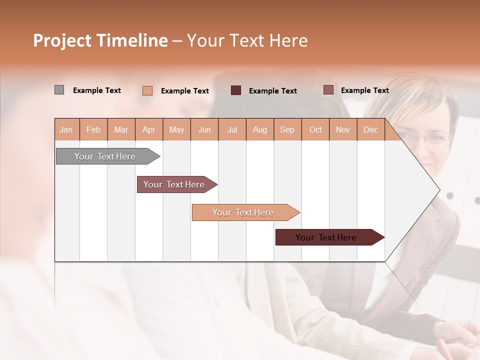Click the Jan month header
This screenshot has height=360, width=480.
[x=66, y=129]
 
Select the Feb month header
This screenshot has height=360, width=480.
[x=93, y=129]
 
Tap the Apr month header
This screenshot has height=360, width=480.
[x=148, y=129]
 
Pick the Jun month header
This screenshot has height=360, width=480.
[x=204, y=129]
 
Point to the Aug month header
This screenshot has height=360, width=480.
[x=259, y=129]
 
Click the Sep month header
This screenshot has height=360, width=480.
[x=287, y=129]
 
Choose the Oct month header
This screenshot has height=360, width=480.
[x=315, y=129]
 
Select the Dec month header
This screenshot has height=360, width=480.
[x=370, y=129]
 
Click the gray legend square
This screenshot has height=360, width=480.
[x=59, y=90]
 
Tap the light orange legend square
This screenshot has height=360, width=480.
[x=147, y=90]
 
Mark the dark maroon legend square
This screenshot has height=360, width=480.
[x=236, y=90]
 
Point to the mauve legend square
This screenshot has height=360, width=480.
[x=328, y=90]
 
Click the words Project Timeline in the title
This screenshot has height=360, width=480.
[x=100, y=40]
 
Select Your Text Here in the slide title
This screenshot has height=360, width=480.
[x=247, y=40]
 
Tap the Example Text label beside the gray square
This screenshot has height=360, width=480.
[x=97, y=90]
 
